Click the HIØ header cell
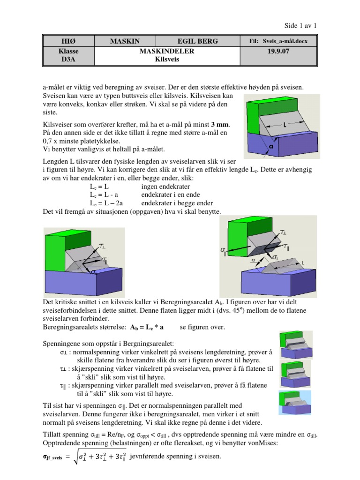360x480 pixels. (x=69, y=41)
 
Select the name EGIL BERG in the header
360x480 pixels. (x=198, y=41)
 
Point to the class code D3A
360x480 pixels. (x=69, y=59)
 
